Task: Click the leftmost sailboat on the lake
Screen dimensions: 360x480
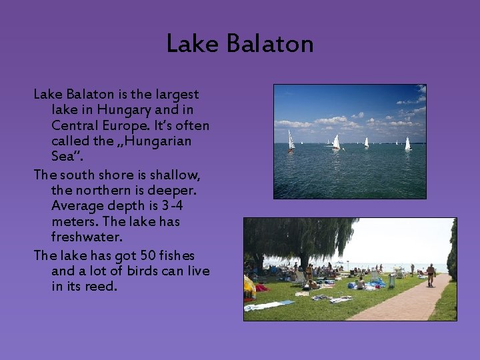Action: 291,141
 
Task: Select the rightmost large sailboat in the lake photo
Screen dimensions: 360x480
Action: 407,143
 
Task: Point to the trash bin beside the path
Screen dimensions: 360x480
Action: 391,281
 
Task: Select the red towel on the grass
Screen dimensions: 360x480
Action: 262,288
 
